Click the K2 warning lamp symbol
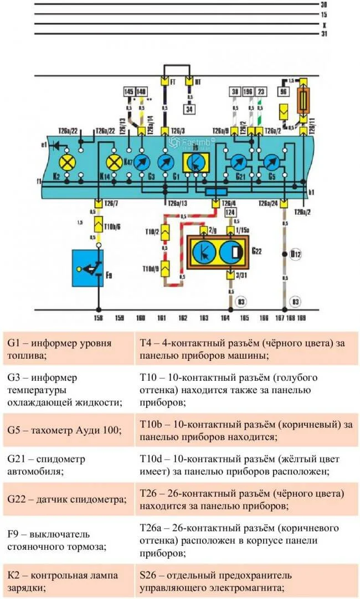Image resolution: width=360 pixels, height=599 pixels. pos(68,162)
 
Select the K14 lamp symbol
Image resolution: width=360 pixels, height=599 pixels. pos(115,162)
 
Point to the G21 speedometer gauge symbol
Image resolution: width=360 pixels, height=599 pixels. pos(238,162)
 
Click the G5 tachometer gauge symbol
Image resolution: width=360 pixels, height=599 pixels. pos(270,162)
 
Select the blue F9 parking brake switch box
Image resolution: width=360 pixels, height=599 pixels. pos(88,268)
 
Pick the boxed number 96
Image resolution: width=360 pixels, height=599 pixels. pos(284,91)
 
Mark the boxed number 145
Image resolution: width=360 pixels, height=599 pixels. pos(129,91)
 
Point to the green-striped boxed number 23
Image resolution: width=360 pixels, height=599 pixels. pos(261,91)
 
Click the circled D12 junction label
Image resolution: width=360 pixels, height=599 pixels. pos(295,255)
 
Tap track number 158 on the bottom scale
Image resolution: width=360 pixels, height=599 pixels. pos(99,319)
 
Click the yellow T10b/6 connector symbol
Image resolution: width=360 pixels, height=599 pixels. pos(99,224)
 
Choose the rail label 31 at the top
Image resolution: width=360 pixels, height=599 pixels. pos(324,34)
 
